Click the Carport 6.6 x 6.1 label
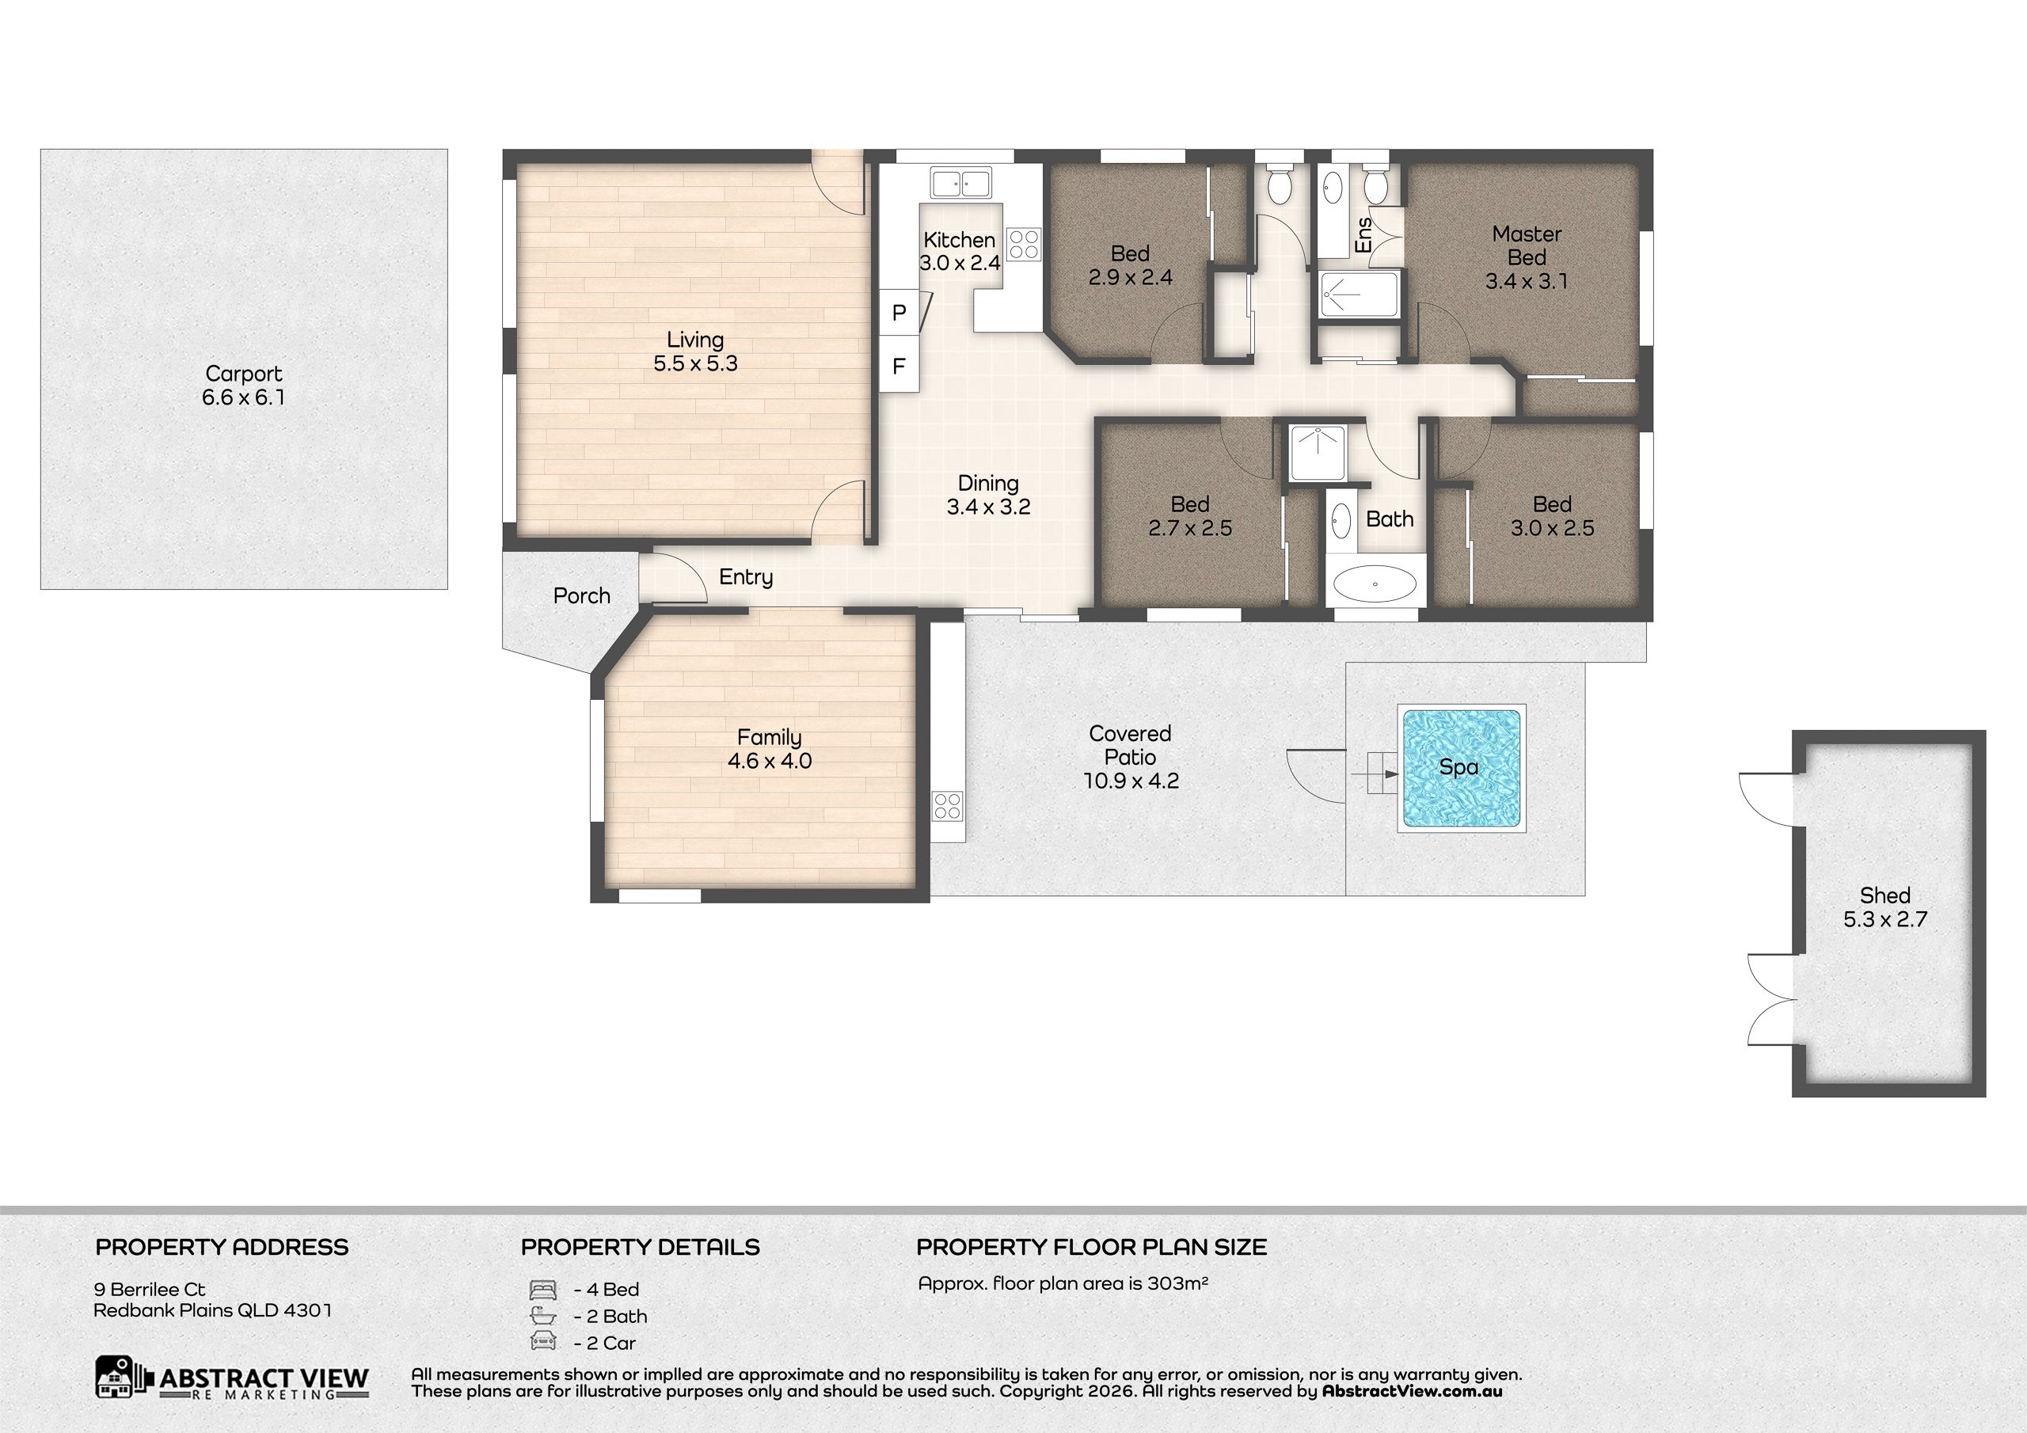244,386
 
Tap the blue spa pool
1461,768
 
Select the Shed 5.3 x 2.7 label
1884,907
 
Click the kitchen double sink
960,183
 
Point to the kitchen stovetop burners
1024,244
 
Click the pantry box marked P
899,313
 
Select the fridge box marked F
899,366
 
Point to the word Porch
582,596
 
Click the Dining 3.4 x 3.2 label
988,495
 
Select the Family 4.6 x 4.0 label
769,749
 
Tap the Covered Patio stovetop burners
947,806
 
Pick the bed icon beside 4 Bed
542,1289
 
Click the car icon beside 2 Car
542,1342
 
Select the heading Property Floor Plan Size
1091,1247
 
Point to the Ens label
1363,235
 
